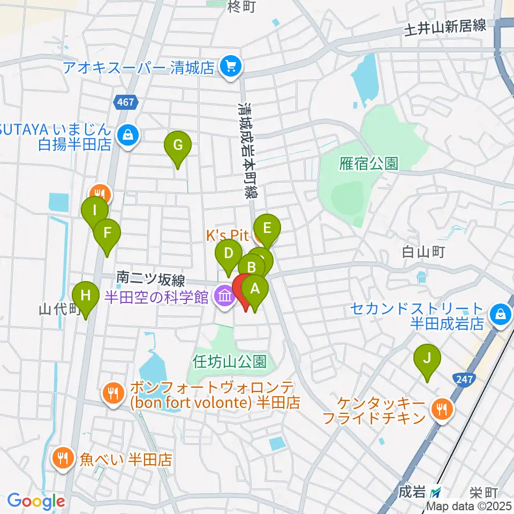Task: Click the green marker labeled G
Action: point(177,145)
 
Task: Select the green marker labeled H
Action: point(86,295)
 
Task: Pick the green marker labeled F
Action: point(107,233)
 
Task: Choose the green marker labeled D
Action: point(229,253)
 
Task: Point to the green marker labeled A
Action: point(255,290)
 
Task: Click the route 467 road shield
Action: point(127,101)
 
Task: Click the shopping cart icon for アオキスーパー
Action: point(231,67)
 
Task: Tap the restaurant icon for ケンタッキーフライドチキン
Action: point(442,410)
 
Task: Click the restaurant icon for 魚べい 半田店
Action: point(63,458)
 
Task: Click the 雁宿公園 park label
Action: point(368,163)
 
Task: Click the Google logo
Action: point(36,501)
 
